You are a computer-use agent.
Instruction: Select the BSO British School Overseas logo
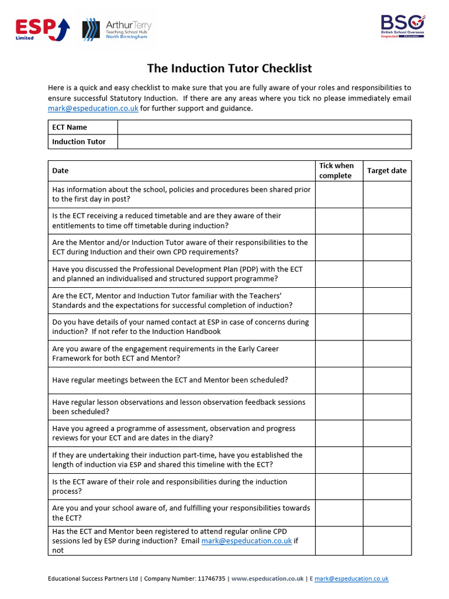coord(402,26)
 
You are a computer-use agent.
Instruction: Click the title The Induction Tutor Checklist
coord(229,68)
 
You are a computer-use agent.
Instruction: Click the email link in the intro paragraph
coord(93,108)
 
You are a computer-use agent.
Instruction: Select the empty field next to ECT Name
coord(264,127)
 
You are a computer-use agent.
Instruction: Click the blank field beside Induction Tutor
coord(264,142)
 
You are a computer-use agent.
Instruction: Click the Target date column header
coord(386,171)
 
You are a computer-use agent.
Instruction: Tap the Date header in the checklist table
coord(61,171)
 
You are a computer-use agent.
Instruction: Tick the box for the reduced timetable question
coord(339,221)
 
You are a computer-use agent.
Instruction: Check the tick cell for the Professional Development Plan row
coord(339,274)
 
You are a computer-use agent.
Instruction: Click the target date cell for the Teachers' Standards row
coord(386,301)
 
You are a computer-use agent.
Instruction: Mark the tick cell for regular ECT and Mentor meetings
coord(339,380)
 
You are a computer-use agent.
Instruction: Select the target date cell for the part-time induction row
coord(386,460)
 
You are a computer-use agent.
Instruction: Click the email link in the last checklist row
coord(246,541)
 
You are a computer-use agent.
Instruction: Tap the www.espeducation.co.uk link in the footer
coord(267,579)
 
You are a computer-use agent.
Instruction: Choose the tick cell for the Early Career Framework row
coord(339,353)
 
